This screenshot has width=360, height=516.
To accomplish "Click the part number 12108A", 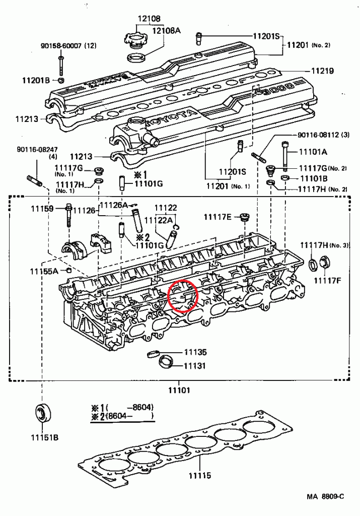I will (x=167, y=30).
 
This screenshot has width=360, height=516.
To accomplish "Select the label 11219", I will (x=322, y=72).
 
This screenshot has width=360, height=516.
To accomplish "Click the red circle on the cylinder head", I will (x=182, y=296).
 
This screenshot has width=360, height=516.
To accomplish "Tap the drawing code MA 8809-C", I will (x=325, y=496).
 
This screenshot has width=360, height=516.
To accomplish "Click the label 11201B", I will (x=36, y=80).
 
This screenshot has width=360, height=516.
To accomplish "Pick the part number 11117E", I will (x=218, y=217).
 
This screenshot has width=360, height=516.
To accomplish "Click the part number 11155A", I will (x=44, y=271).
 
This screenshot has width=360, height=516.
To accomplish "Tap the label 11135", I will (x=195, y=352).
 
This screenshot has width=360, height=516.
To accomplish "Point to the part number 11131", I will (x=195, y=365).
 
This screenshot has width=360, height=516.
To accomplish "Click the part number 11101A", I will (x=313, y=152).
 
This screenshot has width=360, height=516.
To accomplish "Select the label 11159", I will (x=42, y=208).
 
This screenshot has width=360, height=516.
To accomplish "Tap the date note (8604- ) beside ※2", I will (x=128, y=416).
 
